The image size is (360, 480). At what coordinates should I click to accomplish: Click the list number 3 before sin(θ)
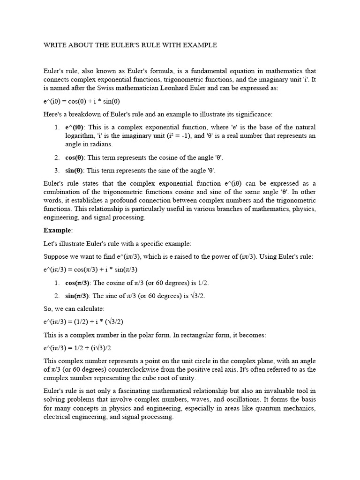pos(57,170)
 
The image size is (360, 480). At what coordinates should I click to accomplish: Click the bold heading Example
pos(57,230)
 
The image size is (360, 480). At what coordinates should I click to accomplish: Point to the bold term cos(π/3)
pos(77,283)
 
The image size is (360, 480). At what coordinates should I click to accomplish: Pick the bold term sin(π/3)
pos(77,296)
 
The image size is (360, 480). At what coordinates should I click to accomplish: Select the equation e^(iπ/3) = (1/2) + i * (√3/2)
pos(83,322)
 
